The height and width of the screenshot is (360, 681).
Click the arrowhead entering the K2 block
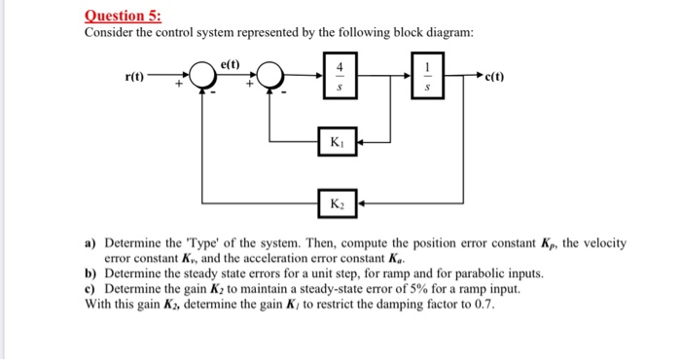click(x=361, y=203)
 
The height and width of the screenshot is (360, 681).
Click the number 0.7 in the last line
click(x=484, y=303)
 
